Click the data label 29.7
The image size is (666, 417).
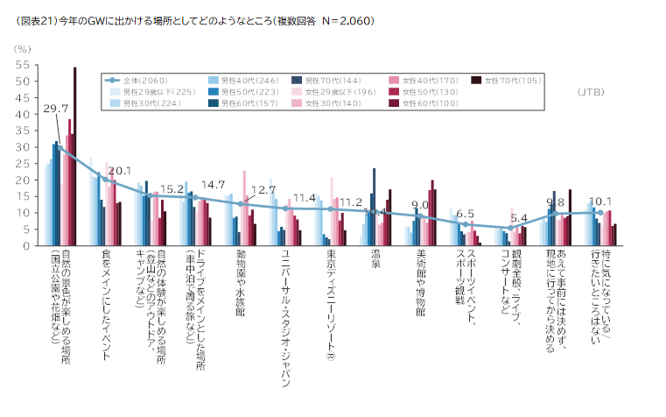click(x=55, y=108)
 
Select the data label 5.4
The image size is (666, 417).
click(x=519, y=217)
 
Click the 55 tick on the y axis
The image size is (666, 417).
click(x=23, y=65)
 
